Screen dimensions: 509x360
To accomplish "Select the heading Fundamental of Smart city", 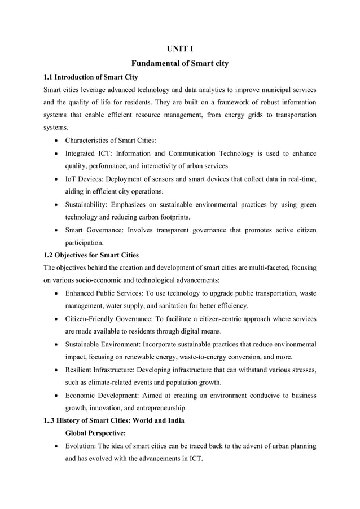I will pyautogui.click(x=179, y=64).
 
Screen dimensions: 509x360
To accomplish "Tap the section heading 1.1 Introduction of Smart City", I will pyautogui.click(x=91, y=77).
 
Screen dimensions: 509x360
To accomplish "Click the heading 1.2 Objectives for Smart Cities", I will pyautogui.click(x=91, y=255).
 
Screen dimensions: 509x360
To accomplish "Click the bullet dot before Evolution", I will pyautogui.click(x=56, y=446).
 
